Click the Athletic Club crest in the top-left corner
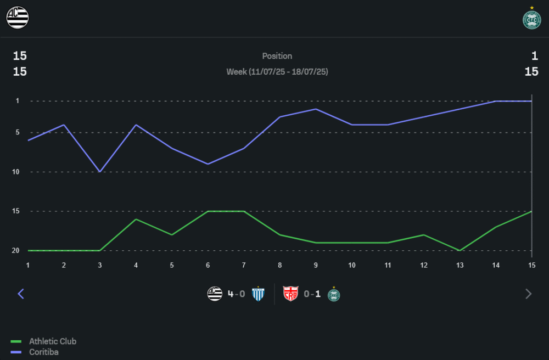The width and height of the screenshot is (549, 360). tap(17, 18)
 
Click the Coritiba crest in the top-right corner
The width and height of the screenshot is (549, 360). tap(531, 19)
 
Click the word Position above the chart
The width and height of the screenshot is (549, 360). tap(277, 56)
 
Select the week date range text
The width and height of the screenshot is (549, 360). tap(277, 72)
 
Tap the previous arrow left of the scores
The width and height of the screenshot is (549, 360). tap(21, 294)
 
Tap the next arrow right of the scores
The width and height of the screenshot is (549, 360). tap(528, 294)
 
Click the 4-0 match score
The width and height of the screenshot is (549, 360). tap(237, 294)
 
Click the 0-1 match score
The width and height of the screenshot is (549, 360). tap(312, 294)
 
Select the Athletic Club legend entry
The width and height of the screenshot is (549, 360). tap(53, 341)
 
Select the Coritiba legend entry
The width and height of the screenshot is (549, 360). tap(43, 352)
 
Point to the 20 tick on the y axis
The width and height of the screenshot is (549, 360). tap(16, 251)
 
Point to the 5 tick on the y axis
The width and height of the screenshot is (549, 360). tap(17, 133)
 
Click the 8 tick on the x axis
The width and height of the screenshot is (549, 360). tap(279, 266)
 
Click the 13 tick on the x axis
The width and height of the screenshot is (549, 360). tap(460, 266)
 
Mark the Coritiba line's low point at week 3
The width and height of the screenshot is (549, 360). tap(99, 172)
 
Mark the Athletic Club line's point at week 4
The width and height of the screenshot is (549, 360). tap(136, 220)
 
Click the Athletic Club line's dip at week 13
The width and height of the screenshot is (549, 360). tap(460, 251)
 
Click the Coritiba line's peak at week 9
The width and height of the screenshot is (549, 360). tap(315, 109)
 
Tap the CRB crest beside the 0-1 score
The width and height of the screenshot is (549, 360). tap(290, 294)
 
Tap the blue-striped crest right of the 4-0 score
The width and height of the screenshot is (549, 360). tap(258, 294)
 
